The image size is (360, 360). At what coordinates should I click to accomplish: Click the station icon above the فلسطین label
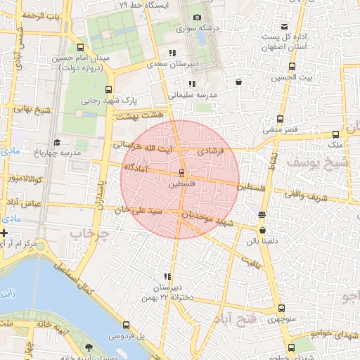(x=181, y=172)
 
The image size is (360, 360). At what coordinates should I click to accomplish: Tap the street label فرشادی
(x=211, y=151)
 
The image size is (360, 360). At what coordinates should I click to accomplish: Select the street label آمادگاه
(x=139, y=168)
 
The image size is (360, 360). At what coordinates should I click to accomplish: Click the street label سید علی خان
(x=143, y=210)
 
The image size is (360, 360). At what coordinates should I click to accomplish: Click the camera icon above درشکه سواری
(x=197, y=17)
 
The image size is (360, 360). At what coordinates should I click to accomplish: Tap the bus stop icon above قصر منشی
(x=281, y=119)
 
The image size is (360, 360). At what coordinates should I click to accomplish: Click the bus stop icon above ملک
(x=335, y=134)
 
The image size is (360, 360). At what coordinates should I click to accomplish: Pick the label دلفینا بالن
(x=262, y=241)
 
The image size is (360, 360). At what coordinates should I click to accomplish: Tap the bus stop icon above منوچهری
(x=281, y=308)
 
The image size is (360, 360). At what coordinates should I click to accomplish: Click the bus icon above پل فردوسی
(x=127, y=326)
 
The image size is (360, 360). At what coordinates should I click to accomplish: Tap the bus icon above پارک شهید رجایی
(x=108, y=89)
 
